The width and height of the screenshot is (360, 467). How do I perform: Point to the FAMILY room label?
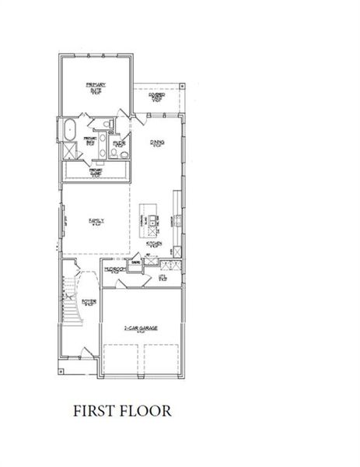(x=95, y=221)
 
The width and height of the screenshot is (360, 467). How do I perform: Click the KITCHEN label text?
(x=154, y=244)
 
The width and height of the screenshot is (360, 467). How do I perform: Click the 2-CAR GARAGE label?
(x=142, y=329)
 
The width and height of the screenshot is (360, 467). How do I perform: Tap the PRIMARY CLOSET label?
(x=96, y=172)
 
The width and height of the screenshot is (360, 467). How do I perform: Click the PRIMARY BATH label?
(x=91, y=142)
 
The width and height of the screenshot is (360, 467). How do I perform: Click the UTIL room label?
(x=163, y=277)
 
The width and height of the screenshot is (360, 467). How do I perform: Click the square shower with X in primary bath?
(x=68, y=150)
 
